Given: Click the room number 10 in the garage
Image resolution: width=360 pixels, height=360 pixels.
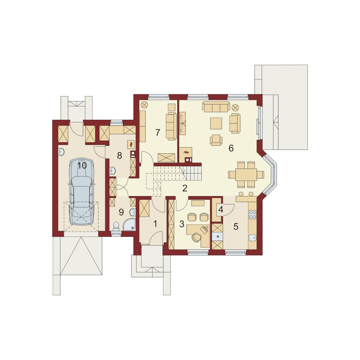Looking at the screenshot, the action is [x=82, y=165].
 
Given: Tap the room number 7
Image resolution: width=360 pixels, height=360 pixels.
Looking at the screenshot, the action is [x=157, y=132].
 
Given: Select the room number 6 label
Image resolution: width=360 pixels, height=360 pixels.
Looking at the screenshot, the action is [x=231, y=148].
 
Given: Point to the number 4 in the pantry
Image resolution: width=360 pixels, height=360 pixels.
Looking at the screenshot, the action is [x=221, y=209].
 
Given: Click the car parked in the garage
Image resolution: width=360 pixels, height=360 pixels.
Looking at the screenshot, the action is [x=82, y=191].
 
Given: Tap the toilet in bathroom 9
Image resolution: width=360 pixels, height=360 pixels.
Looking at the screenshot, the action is [x=116, y=226].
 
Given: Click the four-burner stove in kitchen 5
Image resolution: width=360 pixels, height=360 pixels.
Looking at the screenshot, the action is [x=252, y=214].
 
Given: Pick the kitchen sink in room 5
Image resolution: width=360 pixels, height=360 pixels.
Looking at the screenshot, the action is [x=252, y=238].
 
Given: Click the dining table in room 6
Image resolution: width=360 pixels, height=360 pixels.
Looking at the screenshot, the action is [x=246, y=175].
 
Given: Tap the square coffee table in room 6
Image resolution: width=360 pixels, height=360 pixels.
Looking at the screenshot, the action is [x=216, y=123].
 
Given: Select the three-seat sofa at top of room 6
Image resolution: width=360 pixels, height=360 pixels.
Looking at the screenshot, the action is [x=216, y=107].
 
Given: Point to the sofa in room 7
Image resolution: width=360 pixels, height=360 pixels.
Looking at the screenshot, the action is [x=172, y=126].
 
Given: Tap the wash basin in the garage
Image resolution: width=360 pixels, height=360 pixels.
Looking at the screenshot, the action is [x=61, y=151].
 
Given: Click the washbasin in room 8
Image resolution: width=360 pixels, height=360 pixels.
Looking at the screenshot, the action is [x=112, y=170].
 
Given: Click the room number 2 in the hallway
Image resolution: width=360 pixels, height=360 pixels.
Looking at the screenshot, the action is [x=185, y=188].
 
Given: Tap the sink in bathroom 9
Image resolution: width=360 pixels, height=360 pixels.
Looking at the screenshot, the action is [x=132, y=212].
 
